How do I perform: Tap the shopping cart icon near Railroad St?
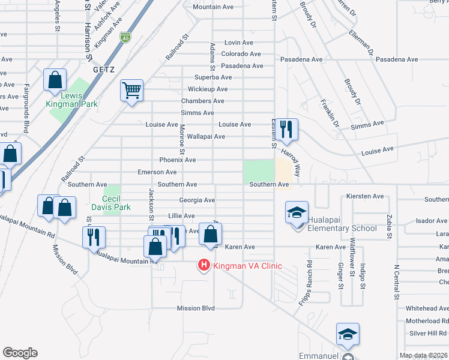point(131,91)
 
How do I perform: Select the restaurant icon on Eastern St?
point(288,129)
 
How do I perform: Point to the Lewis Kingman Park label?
point(71,99)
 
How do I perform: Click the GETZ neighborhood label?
point(103,70)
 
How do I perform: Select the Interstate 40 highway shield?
point(125,37)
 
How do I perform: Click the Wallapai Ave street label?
point(206,137)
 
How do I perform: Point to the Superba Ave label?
point(213,77)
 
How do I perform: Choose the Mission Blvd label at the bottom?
point(196,308)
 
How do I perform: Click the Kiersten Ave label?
point(365,196)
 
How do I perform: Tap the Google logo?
point(20,353)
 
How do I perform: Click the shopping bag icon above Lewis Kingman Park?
point(55,80)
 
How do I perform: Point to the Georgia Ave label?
point(197,200)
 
